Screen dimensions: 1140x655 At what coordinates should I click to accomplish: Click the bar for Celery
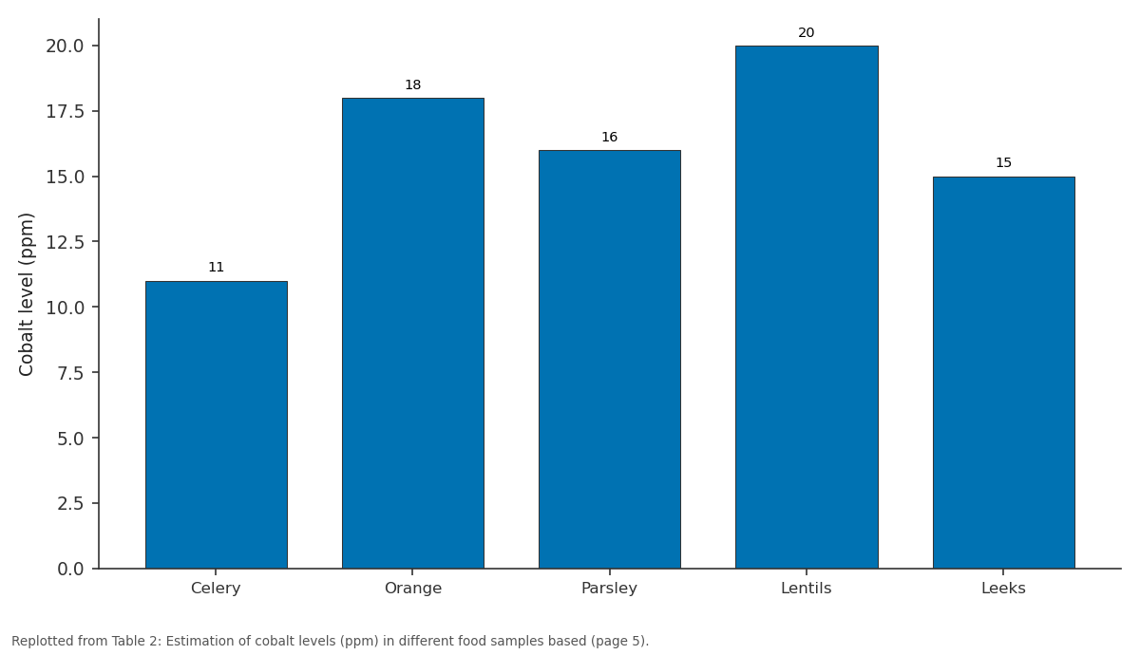217,424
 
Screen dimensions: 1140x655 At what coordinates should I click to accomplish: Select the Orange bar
412,333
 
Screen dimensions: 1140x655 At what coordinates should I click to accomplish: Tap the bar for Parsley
610,359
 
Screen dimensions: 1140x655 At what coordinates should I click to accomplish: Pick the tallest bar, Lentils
807,308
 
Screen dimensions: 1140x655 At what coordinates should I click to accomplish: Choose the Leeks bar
1003,372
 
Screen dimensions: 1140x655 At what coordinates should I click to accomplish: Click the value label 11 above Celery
217,268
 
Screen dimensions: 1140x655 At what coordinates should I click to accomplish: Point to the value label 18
412,84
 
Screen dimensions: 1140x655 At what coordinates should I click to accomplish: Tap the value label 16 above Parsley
610,138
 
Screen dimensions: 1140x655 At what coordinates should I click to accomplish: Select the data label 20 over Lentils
807,33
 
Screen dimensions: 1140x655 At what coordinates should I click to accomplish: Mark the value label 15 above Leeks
1003,163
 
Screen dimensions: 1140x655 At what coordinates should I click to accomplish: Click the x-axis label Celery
216,589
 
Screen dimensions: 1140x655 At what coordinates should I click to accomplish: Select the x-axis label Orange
412,589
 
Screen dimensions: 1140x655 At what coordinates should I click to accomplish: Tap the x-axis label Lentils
807,589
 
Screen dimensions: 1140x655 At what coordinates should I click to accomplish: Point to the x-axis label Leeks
1003,589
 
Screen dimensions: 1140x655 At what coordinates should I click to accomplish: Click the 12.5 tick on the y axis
65,242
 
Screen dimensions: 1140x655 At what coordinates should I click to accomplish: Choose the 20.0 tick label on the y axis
65,47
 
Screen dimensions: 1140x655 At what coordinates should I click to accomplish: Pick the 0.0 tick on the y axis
70,569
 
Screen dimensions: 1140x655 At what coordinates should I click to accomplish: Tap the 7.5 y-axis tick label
70,373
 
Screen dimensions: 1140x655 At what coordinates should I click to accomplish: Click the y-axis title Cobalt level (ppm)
26,294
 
